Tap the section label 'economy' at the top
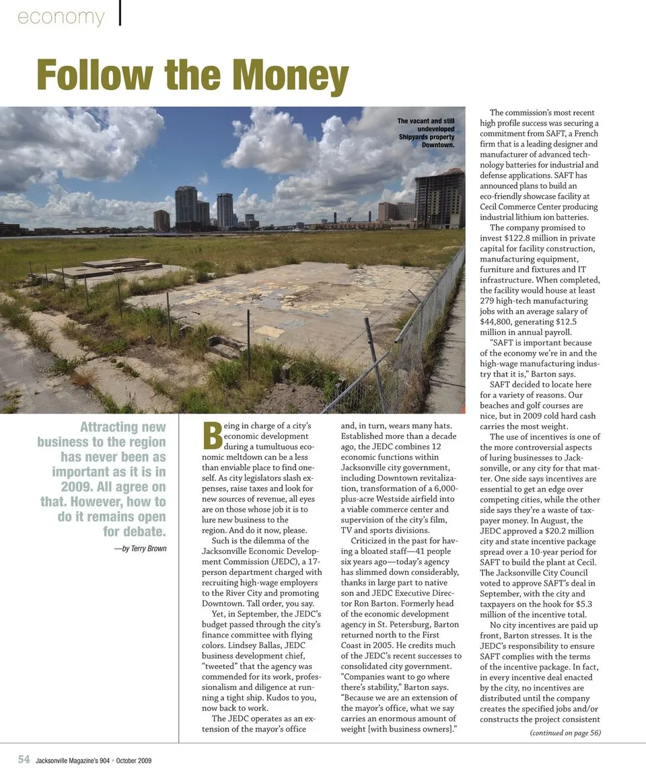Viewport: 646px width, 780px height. [61, 17]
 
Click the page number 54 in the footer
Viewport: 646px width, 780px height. [24, 760]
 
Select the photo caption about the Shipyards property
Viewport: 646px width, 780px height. [426, 132]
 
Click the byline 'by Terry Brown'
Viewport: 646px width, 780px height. [140, 548]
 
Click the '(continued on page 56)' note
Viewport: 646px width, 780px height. [565, 732]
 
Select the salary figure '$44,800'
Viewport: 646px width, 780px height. [497, 321]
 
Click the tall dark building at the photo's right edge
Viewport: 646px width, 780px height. [439, 198]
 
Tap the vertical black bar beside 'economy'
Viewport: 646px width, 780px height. [120, 14]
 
